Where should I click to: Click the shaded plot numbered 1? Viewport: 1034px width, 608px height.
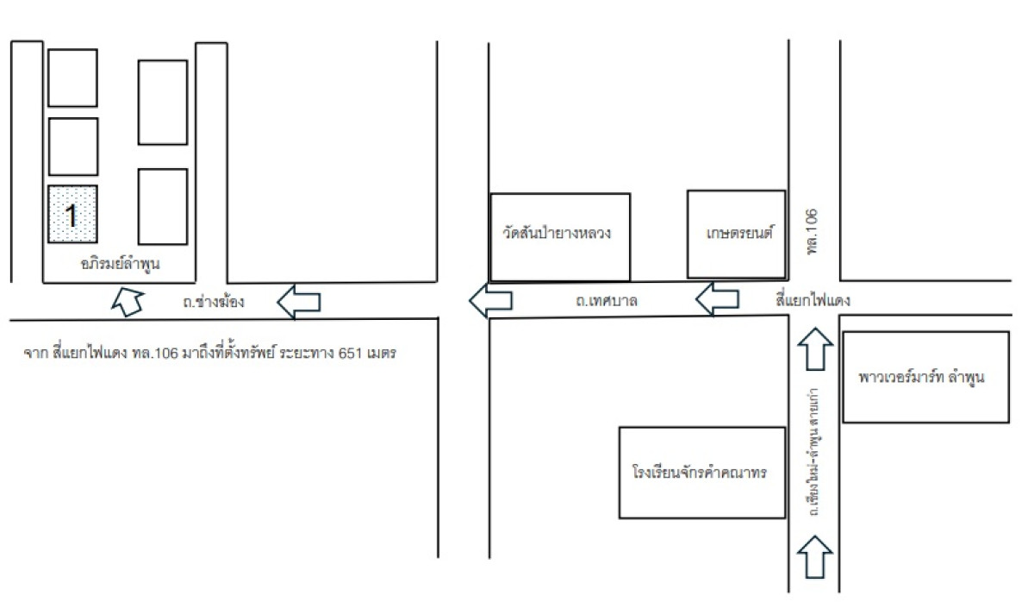click(x=72, y=214)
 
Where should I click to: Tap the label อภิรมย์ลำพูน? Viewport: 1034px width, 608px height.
click(x=120, y=264)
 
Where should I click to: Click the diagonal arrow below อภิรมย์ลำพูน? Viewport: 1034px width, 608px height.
click(x=128, y=301)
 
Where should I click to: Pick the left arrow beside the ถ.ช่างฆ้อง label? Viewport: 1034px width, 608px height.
click(x=298, y=302)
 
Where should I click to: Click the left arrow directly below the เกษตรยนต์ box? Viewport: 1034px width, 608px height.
click(x=717, y=301)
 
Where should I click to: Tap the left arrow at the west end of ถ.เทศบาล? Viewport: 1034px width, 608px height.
click(x=489, y=301)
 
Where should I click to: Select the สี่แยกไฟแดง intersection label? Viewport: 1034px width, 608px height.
click(x=813, y=301)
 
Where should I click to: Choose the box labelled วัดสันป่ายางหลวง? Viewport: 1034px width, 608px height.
click(x=559, y=235)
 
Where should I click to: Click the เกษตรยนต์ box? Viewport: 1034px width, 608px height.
click(x=736, y=234)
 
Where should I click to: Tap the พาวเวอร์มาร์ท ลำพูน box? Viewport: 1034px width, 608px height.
click(x=925, y=377)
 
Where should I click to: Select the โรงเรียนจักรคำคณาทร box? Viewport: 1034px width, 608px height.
click(x=702, y=473)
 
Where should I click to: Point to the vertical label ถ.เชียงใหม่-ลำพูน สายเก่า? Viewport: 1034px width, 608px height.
click(x=813, y=457)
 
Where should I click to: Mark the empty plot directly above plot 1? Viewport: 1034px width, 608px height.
click(x=72, y=147)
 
